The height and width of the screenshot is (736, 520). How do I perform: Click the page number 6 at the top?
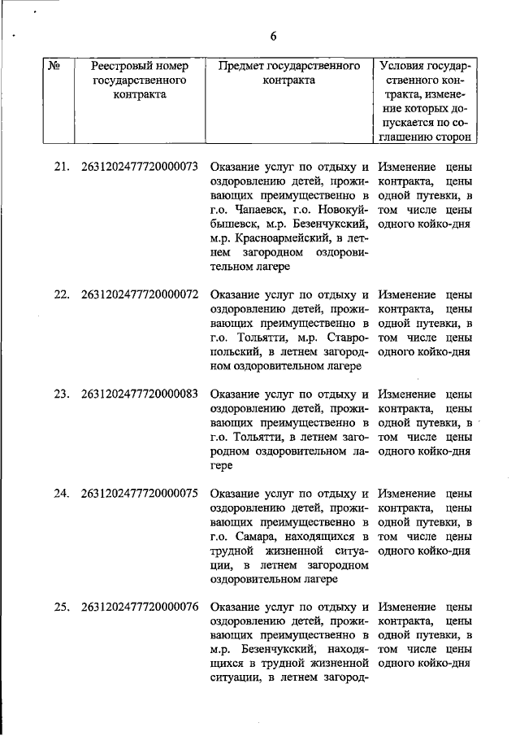(273, 36)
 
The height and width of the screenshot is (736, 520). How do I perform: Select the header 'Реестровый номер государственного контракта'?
(140, 80)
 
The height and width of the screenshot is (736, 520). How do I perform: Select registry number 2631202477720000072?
(140, 294)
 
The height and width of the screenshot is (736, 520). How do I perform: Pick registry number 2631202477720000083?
(140, 394)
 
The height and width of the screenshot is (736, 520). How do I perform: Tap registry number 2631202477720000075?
(140, 493)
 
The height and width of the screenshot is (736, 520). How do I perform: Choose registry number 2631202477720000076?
(140, 607)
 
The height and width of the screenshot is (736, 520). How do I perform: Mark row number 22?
(61, 294)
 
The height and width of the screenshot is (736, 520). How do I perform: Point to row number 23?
(61, 394)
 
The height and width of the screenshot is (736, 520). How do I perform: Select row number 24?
(61, 493)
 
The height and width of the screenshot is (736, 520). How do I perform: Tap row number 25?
(61, 607)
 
